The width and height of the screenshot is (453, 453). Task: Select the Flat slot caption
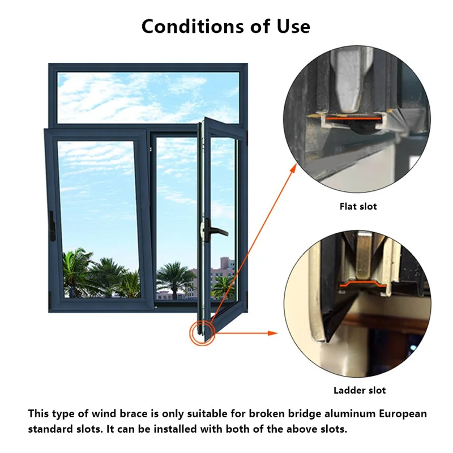[358, 207]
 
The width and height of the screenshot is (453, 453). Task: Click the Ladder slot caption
[360, 390]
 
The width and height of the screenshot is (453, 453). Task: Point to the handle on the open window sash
[216, 232]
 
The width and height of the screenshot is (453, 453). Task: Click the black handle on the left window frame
[52, 226]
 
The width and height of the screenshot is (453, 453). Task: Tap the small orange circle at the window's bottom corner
[200, 332]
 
